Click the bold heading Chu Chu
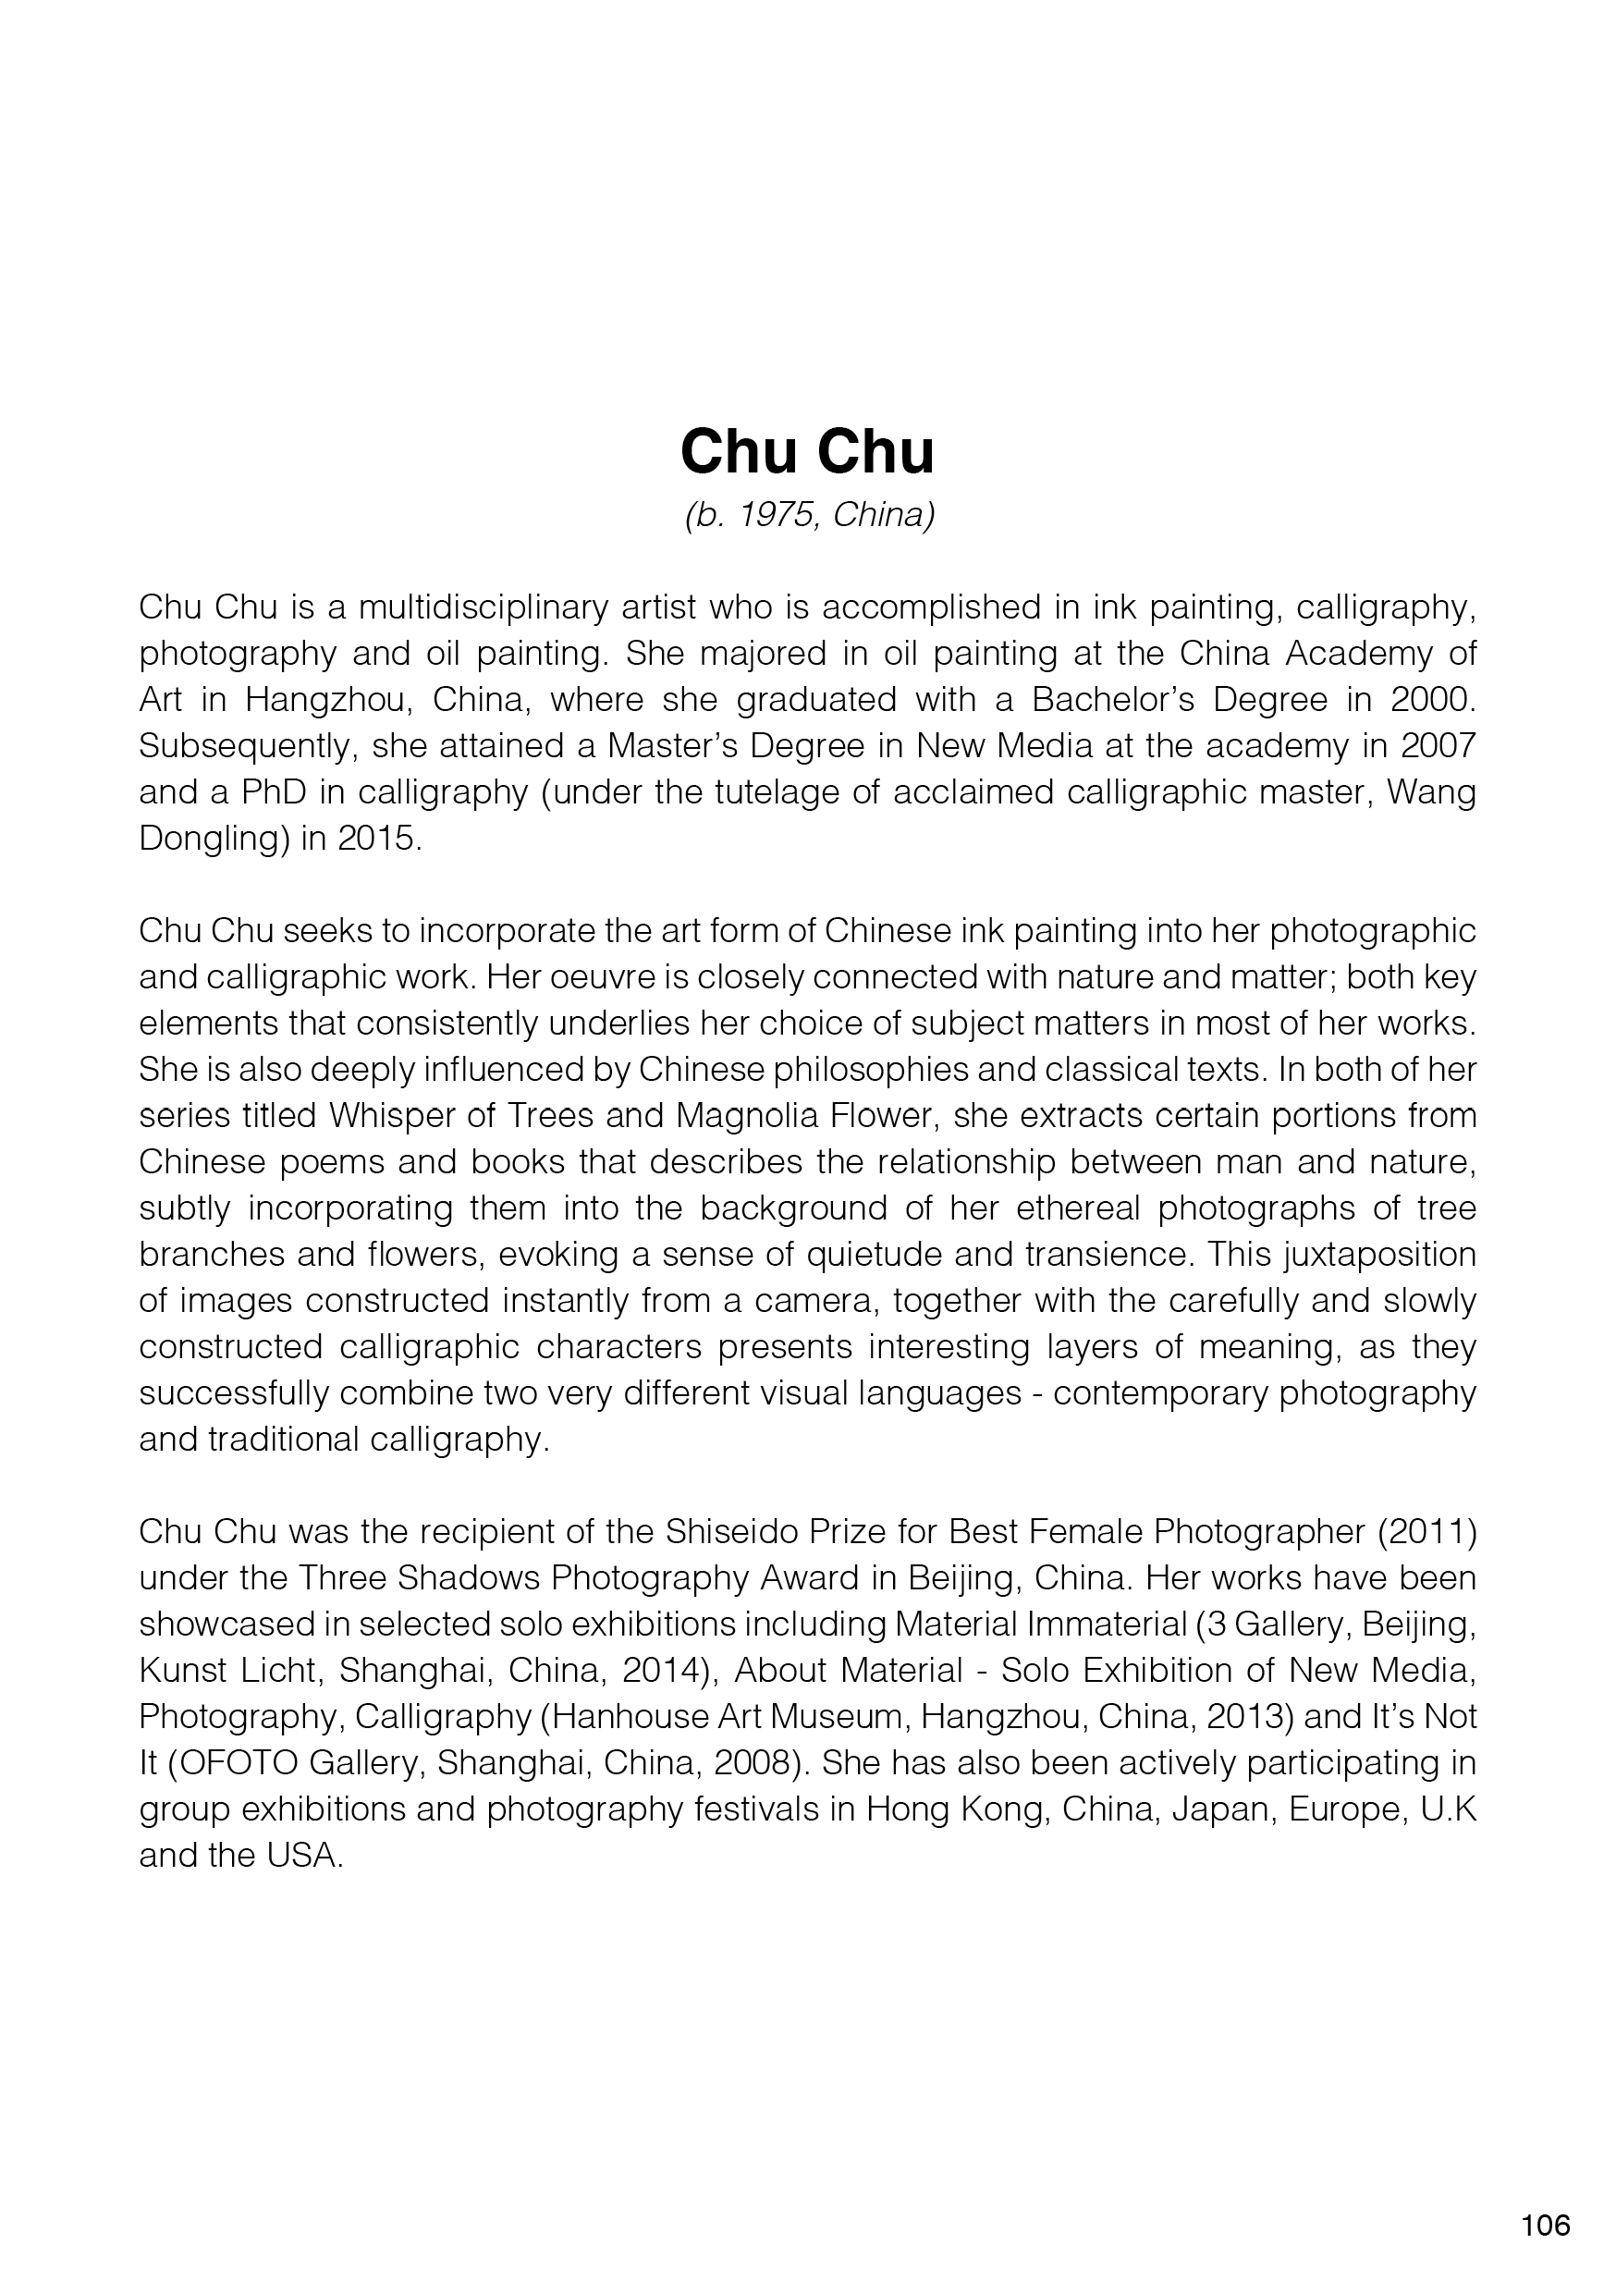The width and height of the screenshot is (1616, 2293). (807, 451)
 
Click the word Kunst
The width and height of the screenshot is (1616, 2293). (184, 1671)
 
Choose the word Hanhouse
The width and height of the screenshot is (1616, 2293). (622, 1717)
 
